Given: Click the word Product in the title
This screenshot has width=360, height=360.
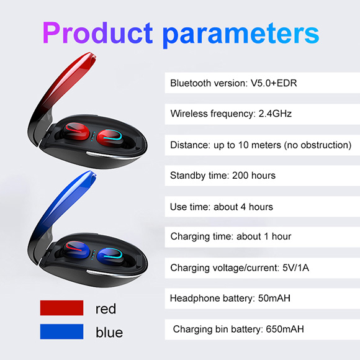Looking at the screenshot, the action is coord(97,33).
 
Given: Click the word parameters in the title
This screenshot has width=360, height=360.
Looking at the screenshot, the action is coord(241,35).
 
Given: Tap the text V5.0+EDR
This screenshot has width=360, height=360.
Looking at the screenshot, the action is coord(274,83).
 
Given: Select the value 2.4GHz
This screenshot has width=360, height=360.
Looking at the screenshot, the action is coord(275,114).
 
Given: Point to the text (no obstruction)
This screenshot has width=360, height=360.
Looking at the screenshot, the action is coord(318,145).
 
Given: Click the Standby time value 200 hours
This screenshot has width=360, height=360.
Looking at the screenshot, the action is coord(254,176).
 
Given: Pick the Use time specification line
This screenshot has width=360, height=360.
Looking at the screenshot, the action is coord(222,207).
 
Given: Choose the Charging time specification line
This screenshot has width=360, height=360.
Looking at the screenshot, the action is coord(231,236).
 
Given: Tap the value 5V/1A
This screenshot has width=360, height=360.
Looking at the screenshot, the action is coord(295,268).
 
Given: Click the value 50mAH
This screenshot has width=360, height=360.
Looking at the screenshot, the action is coord(274,298).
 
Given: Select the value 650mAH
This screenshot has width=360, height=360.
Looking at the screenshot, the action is coord(285,329).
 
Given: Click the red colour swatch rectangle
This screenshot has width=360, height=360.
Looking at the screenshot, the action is coord(62,308).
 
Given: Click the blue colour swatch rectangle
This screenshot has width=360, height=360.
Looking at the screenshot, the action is coord(62,331).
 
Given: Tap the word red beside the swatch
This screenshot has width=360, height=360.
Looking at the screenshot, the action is coord(106,309).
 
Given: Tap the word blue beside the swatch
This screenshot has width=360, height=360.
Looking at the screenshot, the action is coord(109,332).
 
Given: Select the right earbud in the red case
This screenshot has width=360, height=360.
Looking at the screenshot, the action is coord(110,138).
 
